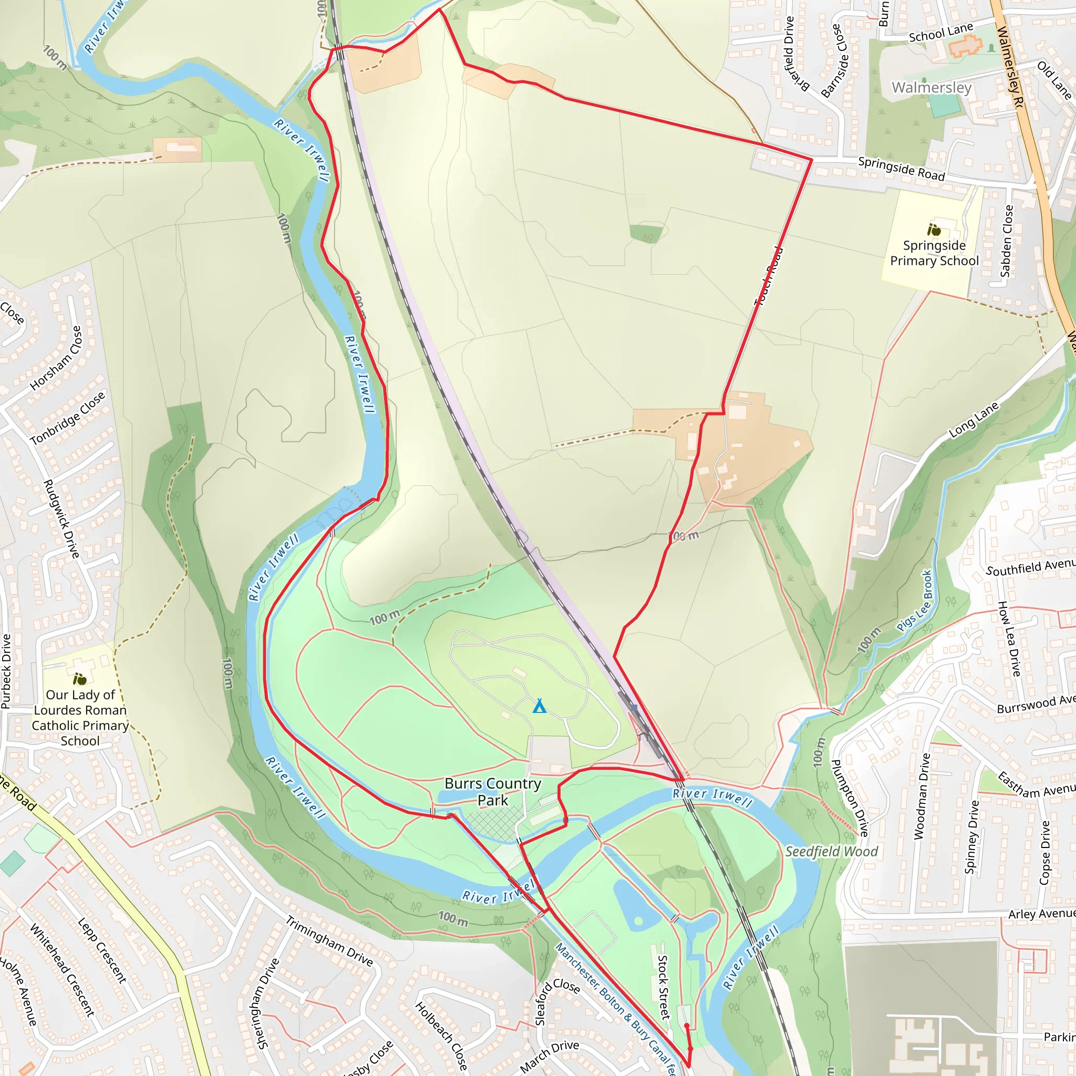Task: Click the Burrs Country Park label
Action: click(x=492, y=791)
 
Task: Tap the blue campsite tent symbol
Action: click(x=539, y=706)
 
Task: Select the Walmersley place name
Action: click(x=931, y=87)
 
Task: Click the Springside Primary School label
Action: click(x=934, y=253)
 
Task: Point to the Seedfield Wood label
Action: click(x=831, y=851)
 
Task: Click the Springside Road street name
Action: click(x=901, y=169)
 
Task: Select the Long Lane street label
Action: click(x=974, y=420)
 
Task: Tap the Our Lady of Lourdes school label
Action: click(x=80, y=717)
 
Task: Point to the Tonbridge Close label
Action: click(x=67, y=418)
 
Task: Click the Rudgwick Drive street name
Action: click(x=61, y=519)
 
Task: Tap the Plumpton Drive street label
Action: click(x=850, y=798)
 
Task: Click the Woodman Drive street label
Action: click(x=922, y=796)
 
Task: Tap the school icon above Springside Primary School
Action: click(x=934, y=230)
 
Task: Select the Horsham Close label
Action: click(x=56, y=358)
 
